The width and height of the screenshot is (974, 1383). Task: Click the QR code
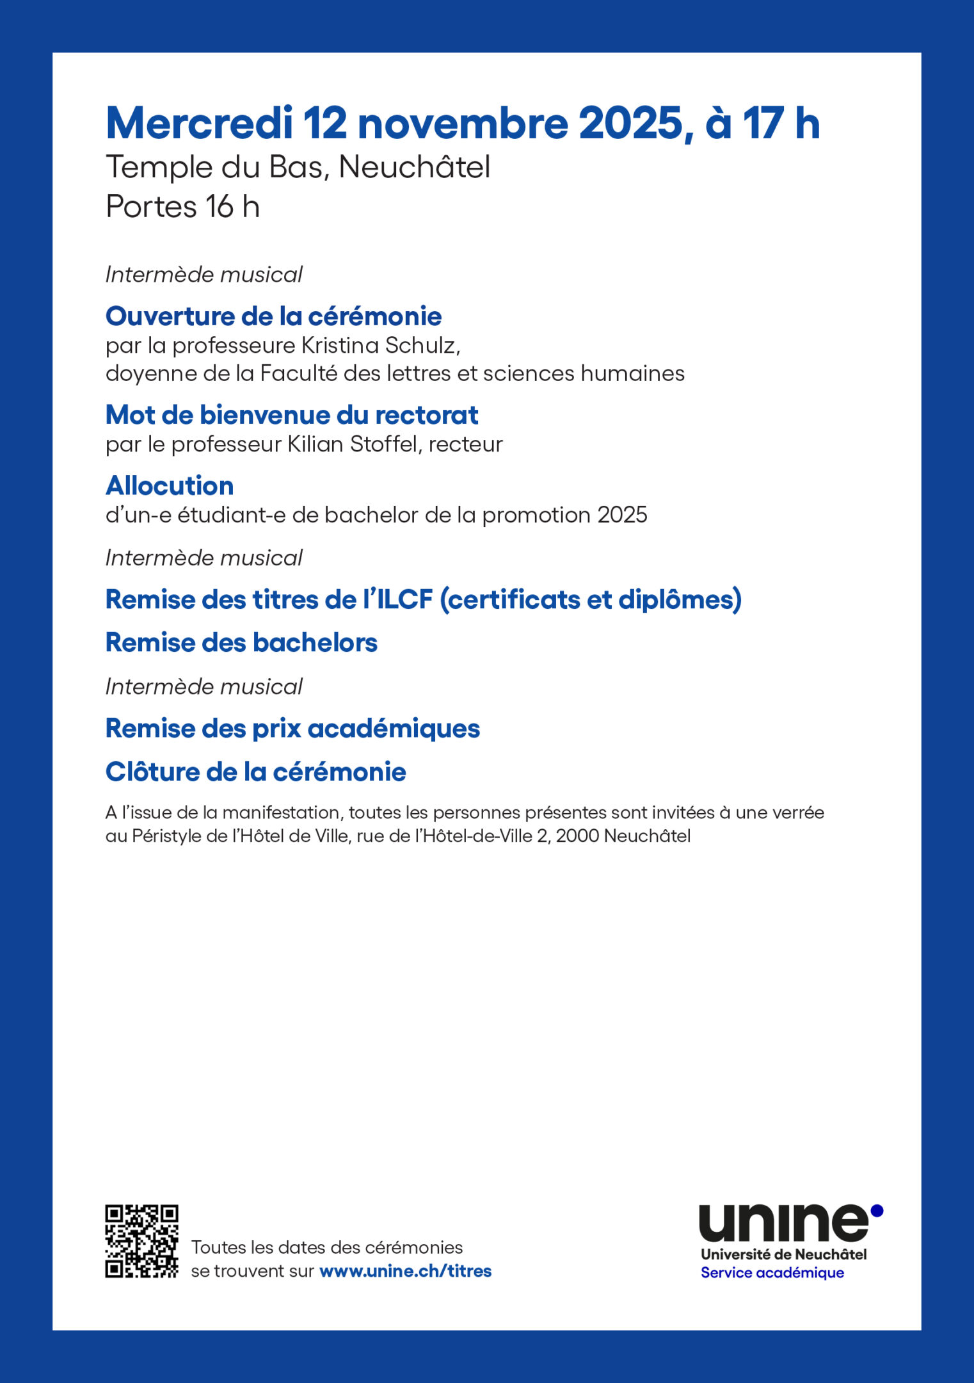pos(141,1241)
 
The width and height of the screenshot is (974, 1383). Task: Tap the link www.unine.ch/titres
pos(405,1271)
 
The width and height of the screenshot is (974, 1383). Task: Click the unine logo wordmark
pos(783,1223)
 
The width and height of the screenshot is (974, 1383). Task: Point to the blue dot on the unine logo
pos(877,1210)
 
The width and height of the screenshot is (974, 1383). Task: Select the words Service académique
pos(772,1273)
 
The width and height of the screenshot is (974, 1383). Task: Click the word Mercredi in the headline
pos(199,124)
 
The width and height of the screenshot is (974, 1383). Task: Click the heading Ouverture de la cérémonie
pos(273,316)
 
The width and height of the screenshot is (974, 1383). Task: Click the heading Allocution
pos(170,486)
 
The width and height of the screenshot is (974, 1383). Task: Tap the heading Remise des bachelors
pos(241,643)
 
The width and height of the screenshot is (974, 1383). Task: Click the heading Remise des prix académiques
pos(292,729)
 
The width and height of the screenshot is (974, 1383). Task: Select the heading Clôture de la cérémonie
pos(255,772)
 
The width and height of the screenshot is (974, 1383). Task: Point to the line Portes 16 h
pos(182,207)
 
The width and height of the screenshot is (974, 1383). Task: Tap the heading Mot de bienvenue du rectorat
pos(292,416)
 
